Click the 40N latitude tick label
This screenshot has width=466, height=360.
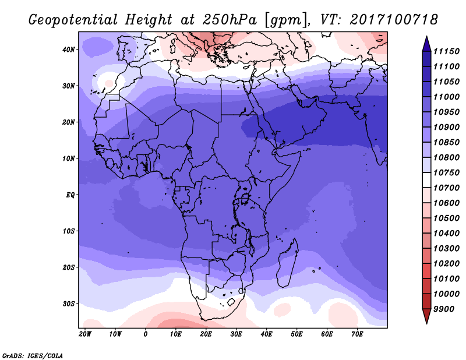click(68, 50)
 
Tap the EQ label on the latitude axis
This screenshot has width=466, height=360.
click(70, 195)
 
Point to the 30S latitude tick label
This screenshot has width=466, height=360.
click(68, 304)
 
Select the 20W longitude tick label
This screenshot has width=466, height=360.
click(85, 334)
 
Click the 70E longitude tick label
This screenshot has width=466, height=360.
click(357, 334)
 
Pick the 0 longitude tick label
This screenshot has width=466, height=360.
click(145, 334)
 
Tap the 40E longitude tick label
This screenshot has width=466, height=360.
click(266, 334)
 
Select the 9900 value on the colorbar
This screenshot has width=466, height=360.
click(444, 309)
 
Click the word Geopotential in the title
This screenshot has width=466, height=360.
click(73, 20)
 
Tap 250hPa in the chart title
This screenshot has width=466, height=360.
click(230, 20)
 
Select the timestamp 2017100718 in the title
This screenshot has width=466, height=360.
click(394, 20)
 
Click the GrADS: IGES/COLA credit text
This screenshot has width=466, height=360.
click(33, 356)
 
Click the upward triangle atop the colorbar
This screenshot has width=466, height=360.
click(426, 44)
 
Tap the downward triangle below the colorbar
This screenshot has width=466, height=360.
click(426, 316)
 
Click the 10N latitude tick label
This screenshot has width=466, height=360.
click(68, 158)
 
